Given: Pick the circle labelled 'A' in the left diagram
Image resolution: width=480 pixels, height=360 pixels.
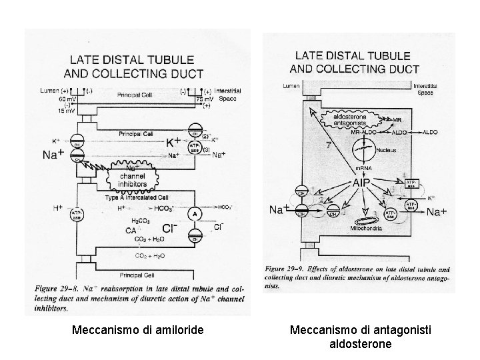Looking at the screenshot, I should coord(194,215).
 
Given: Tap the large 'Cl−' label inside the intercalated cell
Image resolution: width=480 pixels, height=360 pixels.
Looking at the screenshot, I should coord(169,229).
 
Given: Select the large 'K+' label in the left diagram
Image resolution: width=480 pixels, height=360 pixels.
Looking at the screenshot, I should coord(173,141).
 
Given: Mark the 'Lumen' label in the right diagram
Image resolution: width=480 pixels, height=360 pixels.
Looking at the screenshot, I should coord(291,86).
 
